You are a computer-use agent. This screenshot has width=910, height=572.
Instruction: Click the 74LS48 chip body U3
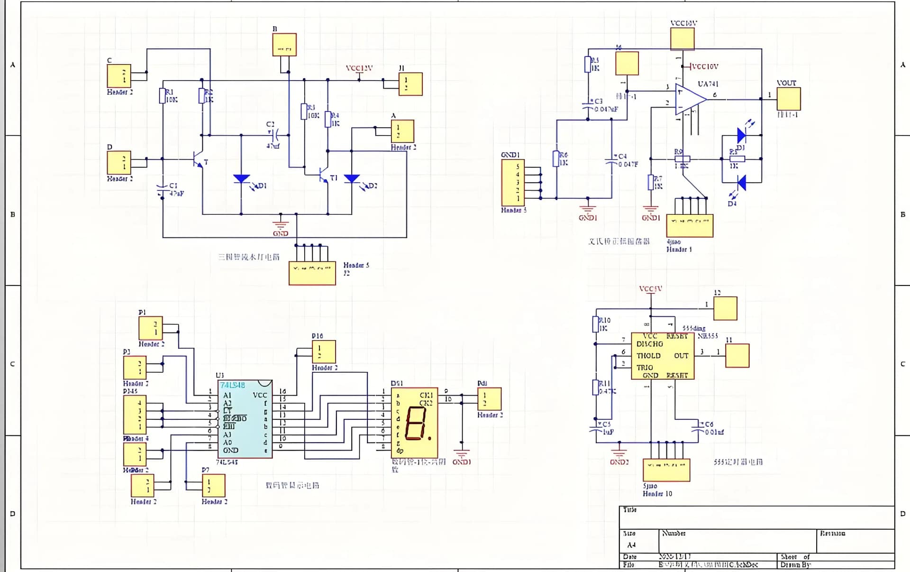coord(245,419)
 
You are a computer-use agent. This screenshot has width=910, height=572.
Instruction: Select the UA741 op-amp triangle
coord(690,99)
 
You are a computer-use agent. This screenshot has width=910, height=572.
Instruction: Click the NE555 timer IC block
coord(663,356)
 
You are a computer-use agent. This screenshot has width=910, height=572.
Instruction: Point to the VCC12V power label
coord(359,68)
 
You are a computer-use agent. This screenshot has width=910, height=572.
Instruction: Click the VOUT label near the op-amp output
coord(786,83)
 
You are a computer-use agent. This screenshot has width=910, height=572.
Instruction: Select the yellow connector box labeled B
coord(284,45)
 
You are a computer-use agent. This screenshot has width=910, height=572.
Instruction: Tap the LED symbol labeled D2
coord(352,179)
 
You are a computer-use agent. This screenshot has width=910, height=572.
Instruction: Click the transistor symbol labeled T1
coord(324,175)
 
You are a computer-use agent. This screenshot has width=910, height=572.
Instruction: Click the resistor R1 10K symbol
coord(163,96)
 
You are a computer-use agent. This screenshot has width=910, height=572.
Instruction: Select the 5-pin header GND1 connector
coord(513,183)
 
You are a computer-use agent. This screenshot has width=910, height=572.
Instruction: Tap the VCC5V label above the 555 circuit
coord(650,288)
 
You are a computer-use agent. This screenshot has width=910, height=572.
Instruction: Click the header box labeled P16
coord(324,351)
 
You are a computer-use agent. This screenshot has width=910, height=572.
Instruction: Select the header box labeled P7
coord(213,485)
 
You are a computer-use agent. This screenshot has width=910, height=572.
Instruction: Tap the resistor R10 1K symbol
coord(596,324)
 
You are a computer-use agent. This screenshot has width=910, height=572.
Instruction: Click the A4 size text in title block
coord(631,545)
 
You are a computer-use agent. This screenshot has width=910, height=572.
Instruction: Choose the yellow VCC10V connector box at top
coord(682,38)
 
